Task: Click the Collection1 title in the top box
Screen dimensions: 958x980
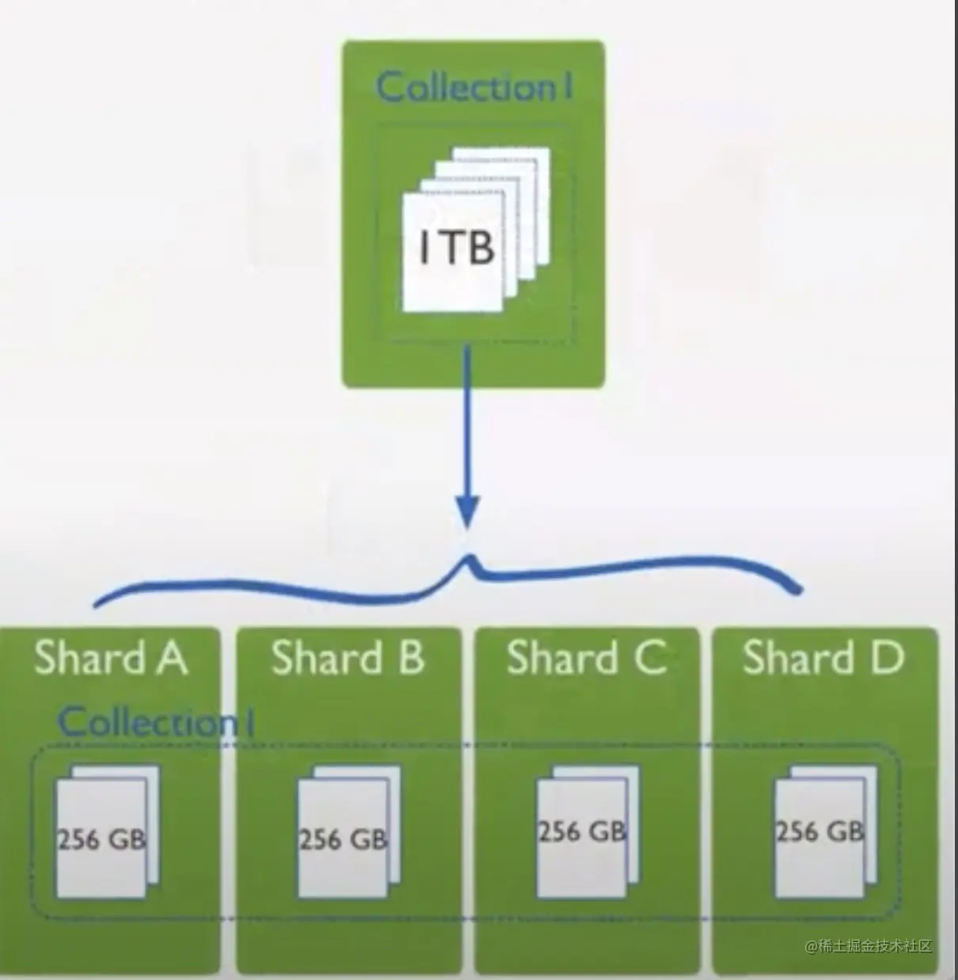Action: [474, 86]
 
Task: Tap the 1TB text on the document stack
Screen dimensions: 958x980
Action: [456, 247]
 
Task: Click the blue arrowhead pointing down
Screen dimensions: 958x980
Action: [467, 511]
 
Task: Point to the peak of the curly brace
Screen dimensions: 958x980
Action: [471, 556]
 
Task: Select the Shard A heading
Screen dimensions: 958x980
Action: [112, 657]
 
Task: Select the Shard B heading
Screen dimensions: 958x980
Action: [348, 657]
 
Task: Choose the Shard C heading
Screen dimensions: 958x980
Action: [587, 657]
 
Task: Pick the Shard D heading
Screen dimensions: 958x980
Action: [824, 657]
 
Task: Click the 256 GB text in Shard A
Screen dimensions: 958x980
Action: [102, 840]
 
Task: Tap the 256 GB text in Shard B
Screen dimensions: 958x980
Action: [344, 840]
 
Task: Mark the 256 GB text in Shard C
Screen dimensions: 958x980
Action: [582, 831]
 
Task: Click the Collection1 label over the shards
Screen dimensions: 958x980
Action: [156, 722]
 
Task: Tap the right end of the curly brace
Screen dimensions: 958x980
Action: [798, 589]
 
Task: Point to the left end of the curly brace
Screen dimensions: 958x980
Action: [97, 603]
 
